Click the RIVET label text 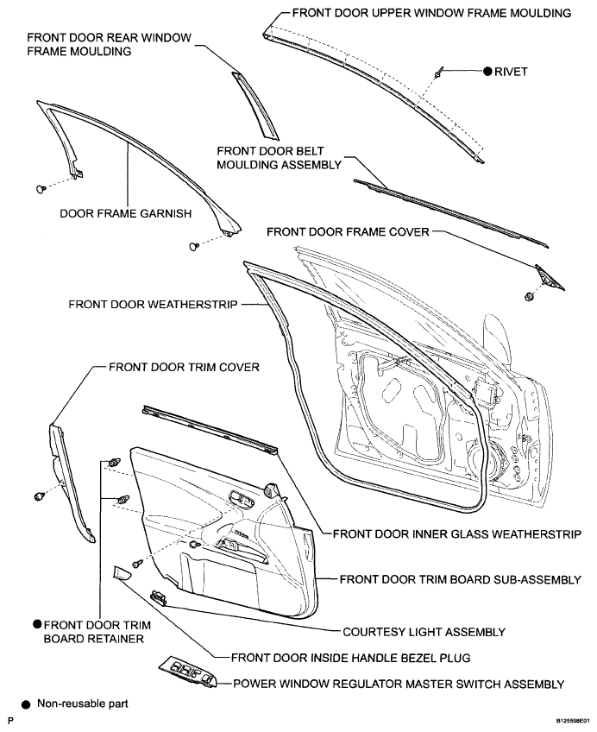click(x=511, y=72)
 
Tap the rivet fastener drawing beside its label click(x=439, y=73)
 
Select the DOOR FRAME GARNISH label click(x=125, y=214)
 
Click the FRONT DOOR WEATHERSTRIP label click(x=153, y=305)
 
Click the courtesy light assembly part click(x=159, y=597)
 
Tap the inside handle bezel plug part click(x=121, y=572)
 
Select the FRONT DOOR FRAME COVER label click(x=348, y=232)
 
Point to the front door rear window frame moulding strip click(x=255, y=105)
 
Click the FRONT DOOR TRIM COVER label click(x=184, y=368)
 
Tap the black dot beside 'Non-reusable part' click(x=27, y=704)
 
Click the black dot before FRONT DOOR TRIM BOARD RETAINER click(x=37, y=624)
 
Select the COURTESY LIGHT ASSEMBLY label click(x=424, y=632)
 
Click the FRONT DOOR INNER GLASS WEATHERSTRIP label click(x=457, y=533)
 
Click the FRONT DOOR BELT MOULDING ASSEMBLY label click(x=279, y=158)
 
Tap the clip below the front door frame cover click(x=529, y=296)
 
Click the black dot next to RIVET click(x=487, y=72)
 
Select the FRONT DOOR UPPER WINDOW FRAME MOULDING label click(x=431, y=13)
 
